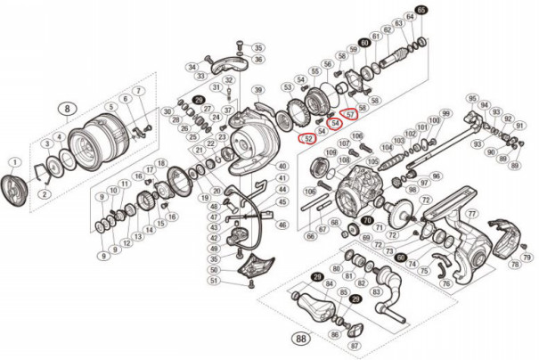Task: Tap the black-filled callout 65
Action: pos(421,9)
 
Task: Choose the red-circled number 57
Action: pos(350,114)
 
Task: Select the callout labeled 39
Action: pos(258,90)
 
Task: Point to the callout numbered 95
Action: pos(472,97)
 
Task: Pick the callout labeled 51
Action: pos(214,281)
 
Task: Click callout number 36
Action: pos(258,60)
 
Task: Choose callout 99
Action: pos(446,114)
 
